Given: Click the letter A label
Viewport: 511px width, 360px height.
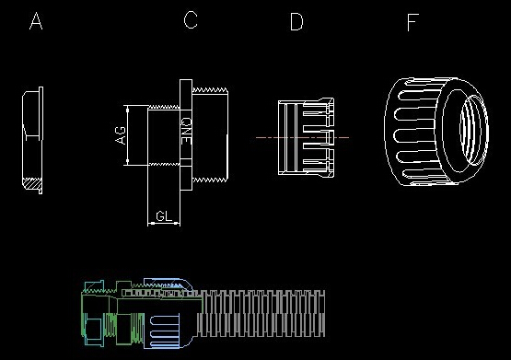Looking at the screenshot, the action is pos(36,21).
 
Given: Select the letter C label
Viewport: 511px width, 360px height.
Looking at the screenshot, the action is pos(191,20).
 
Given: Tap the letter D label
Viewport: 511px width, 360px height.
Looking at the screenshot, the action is pos(296,22).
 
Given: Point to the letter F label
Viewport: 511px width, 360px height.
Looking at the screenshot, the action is pos(412,22).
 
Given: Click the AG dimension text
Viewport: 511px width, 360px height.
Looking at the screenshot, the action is pos(121,134).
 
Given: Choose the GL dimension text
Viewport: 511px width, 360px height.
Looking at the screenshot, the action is pos(164,216).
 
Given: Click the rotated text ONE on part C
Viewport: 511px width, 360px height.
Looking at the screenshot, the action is pos(186,131).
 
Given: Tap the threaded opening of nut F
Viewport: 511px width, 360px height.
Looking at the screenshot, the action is pos(473,130).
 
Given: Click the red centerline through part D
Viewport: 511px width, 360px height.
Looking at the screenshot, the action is pos(302,137).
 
